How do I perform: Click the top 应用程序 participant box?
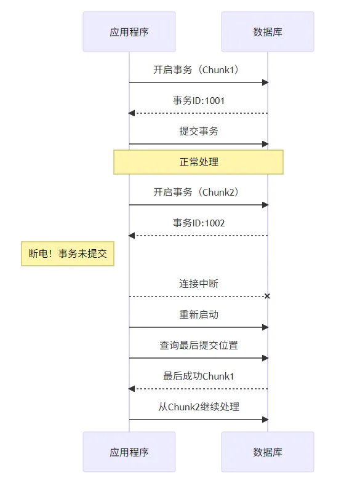coord(129,31)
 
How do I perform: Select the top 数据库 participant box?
coord(268,31)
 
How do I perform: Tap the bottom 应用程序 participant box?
coord(129,452)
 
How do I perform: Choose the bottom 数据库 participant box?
coord(268,452)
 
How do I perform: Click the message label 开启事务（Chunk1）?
coord(198,70)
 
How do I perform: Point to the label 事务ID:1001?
coord(198,100)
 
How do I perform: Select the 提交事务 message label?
coord(198,131)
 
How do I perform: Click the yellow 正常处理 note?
coord(198,162)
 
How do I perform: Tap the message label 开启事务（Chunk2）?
coord(198,192)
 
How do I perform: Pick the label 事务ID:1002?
coord(198,223)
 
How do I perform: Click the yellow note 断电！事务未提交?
coord(68,253)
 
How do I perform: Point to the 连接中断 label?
coord(198,284)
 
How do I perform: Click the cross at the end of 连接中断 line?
coord(267,297)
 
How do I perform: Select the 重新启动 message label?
coord(198,314)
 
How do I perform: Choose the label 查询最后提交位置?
coord(198,345)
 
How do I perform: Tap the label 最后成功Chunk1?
coord(198,376)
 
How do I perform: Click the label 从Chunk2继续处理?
coord(198,407)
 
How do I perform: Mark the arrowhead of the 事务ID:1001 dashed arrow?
coord(132,113)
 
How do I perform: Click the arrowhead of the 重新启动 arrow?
coord(265,327)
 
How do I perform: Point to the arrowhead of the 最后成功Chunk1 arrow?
coord(132,389)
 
